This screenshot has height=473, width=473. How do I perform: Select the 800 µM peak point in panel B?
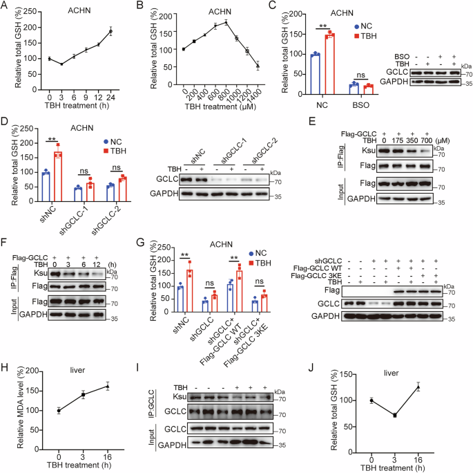(225, 22)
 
